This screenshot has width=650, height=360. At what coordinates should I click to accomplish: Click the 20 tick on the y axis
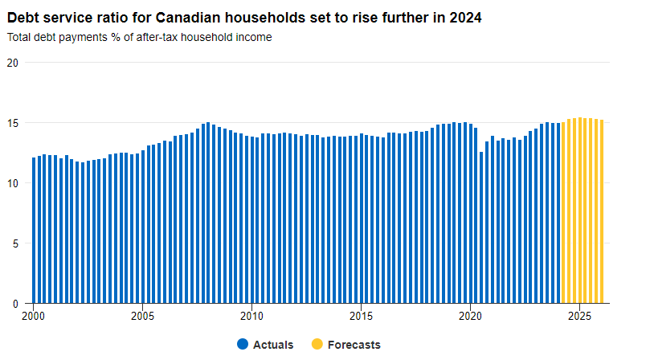(13, 63)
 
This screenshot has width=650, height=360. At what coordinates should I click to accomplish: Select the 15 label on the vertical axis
(13, 123)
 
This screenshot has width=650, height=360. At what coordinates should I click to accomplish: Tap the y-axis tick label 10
(13, 183)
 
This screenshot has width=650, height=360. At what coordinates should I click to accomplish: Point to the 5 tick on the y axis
(16, 243)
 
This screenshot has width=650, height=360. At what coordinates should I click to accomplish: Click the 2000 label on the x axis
(33, 316)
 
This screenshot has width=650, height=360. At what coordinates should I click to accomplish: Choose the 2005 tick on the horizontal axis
(142, 316)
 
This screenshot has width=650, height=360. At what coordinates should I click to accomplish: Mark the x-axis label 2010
(251, 316)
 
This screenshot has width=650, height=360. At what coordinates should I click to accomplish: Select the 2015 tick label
(361, 316)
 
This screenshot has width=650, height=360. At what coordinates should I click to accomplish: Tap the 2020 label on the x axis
(470, 316)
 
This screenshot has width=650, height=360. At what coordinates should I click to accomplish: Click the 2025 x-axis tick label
(579, 316)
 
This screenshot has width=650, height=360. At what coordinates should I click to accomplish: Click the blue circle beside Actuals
(243, 344)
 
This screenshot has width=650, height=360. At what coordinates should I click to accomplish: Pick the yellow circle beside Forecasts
(317, 344)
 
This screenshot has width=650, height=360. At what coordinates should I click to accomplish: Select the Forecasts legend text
(354, 345)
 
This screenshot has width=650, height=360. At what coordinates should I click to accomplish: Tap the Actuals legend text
(273, 345)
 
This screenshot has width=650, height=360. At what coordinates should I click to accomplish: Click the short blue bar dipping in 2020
(481, 227)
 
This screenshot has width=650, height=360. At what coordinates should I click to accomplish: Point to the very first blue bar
(34, 231)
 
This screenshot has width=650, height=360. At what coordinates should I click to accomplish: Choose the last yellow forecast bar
(602, 212)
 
